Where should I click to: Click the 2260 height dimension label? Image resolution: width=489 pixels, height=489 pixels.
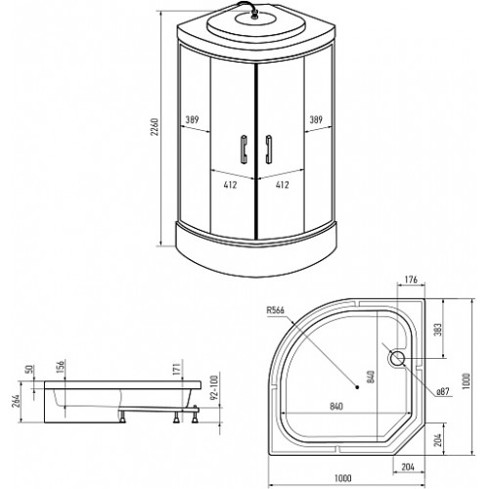pos(155,127)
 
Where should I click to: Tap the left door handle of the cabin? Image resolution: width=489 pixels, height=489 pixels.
pos(244,149)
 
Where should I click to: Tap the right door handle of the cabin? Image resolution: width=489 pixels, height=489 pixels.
pos(269,149)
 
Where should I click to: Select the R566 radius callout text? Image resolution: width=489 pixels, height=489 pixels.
pos(276,310)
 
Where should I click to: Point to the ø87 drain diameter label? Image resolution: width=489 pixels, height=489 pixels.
pos(443,391)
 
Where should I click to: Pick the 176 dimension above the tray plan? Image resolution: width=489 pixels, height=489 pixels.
pos(411,280)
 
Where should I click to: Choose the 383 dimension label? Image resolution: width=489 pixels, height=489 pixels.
pos(438,330)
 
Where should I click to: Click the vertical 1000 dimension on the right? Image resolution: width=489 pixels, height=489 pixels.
pos(467,380)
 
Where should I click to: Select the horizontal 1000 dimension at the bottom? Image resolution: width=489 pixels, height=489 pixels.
pos(343,478)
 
